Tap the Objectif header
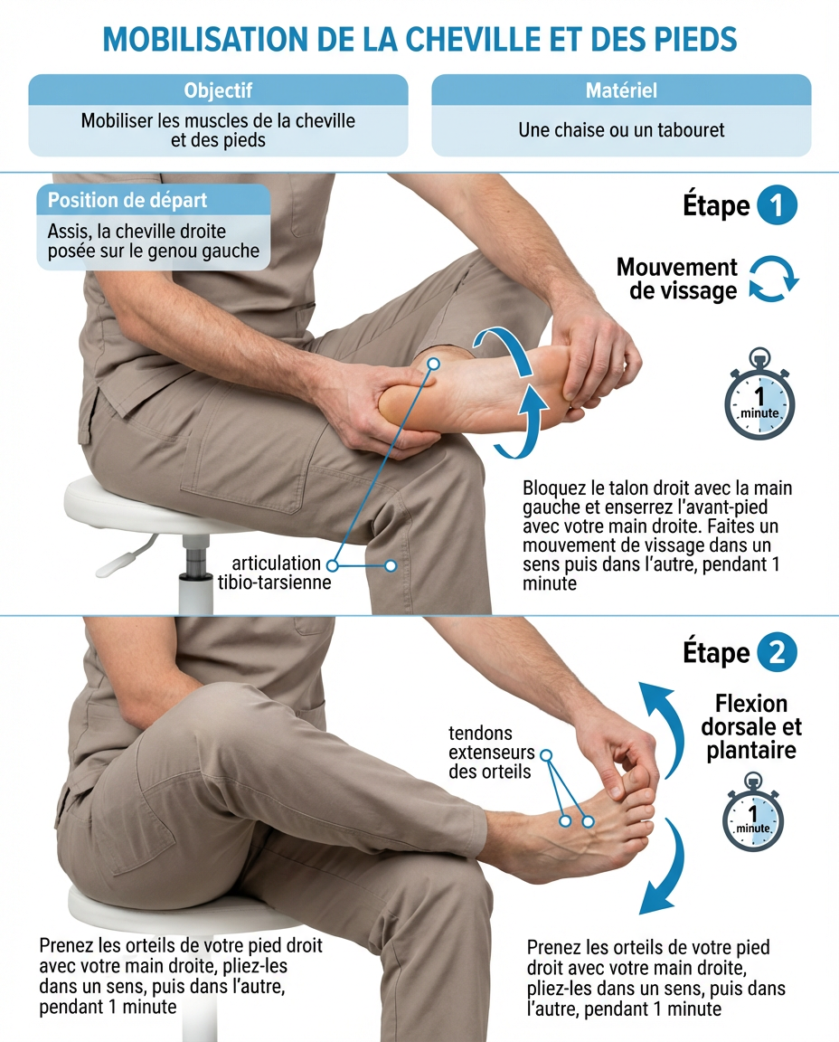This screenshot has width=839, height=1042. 218,90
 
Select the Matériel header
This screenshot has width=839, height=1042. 621,90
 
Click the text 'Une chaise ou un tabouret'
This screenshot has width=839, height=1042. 621,129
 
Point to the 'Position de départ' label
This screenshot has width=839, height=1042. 127,200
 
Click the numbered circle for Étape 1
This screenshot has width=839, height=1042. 776,205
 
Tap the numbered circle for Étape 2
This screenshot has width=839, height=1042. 776,652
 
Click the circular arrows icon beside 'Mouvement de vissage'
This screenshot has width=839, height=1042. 774,279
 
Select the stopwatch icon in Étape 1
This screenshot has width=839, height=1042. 759,393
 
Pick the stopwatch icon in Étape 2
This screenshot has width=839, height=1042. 752,812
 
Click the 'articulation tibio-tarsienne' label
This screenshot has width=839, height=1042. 274,573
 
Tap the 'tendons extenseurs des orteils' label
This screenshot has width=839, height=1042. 490,753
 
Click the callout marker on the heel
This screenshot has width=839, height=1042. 433,365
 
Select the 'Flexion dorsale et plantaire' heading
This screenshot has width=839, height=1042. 751,727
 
